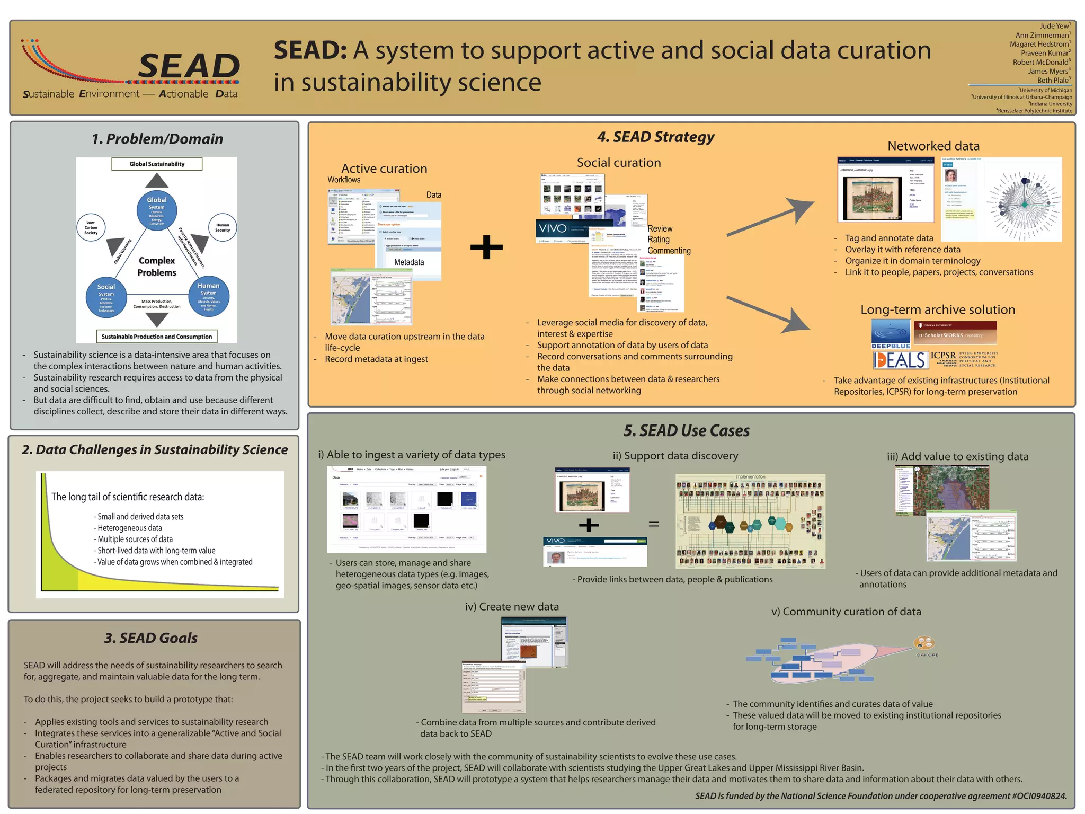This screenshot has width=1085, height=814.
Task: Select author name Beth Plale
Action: (x=1053, y=81)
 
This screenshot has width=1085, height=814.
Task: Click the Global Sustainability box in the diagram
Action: (x=157, y=164)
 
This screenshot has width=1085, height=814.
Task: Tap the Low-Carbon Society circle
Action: (x=91, y=228)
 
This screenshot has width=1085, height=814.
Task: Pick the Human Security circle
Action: (x=223, y=228)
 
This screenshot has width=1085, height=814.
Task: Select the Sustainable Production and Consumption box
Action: (x=157, y=337)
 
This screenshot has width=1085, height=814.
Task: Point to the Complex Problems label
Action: (x=157, y=267)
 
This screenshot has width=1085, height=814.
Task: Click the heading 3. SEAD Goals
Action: (x=151, y=638)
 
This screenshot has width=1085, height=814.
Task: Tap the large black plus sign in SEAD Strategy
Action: (x=486, y=247)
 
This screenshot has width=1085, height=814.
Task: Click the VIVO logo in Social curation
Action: (x=553, y=229)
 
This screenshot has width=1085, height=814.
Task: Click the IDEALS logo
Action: (x=900, y=360)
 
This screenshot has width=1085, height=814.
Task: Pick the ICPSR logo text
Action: (x=944, y=356)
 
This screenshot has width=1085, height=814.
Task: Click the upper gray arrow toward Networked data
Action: (x=771, y=217)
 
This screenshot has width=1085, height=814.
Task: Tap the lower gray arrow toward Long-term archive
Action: (x=768, y=314)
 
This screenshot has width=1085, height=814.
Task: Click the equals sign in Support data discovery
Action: (x=654, y=524)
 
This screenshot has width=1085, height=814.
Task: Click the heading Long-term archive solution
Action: (x=938, y=309)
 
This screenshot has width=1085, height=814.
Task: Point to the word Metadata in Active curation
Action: (x=409, y=262)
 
